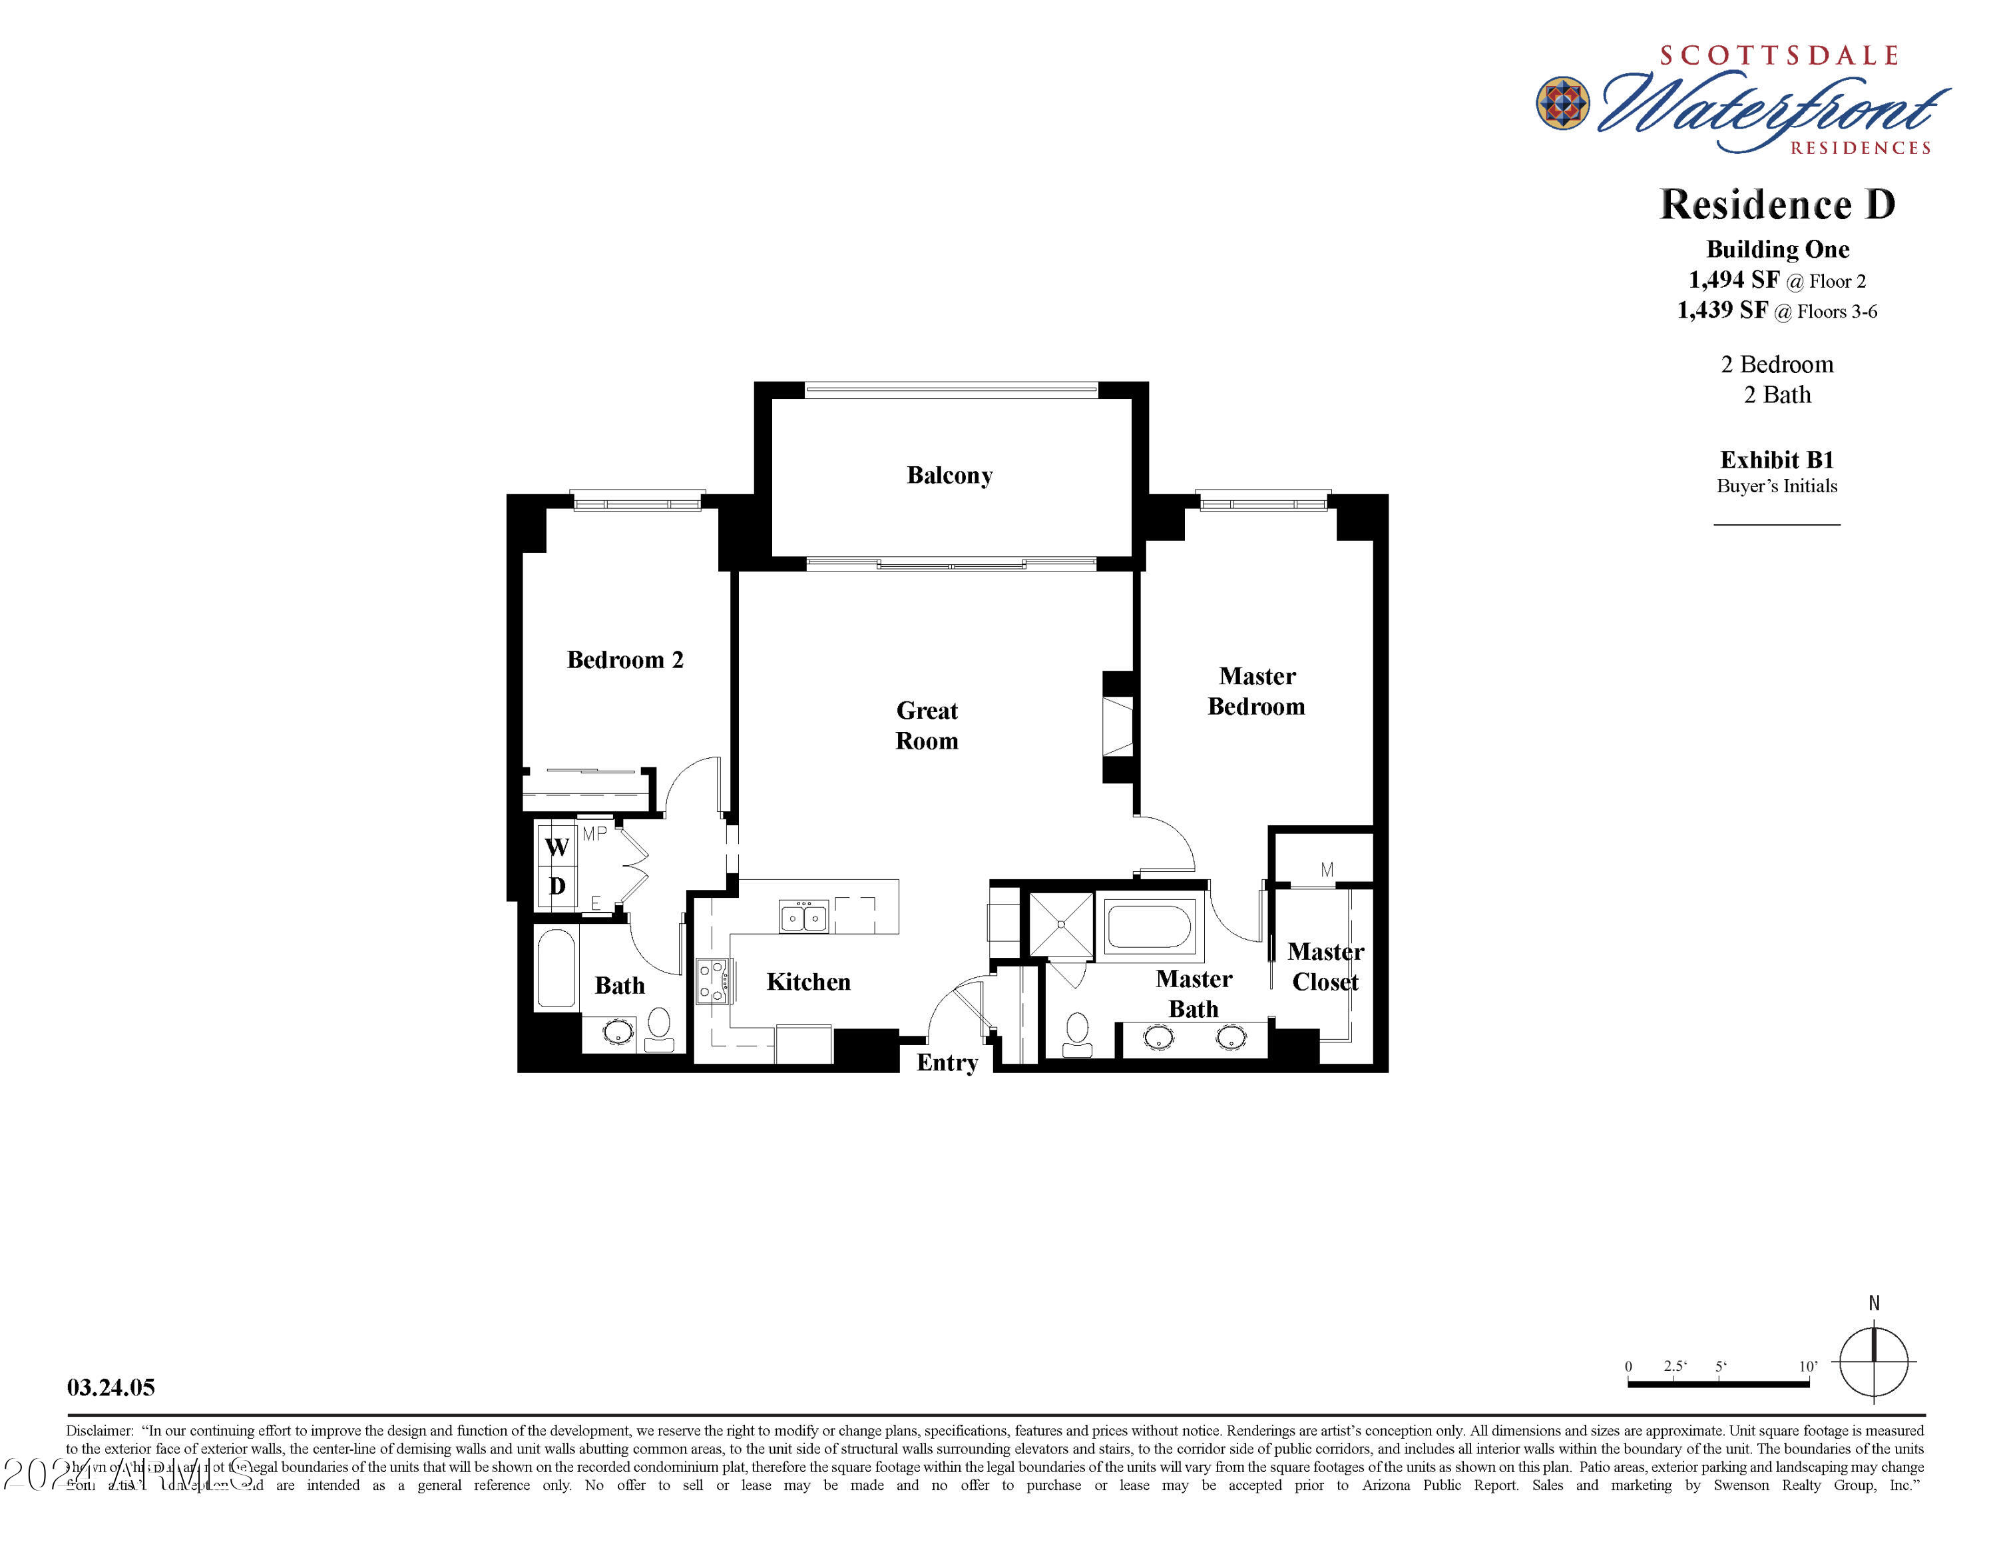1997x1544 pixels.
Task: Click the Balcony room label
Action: tap(949, 476)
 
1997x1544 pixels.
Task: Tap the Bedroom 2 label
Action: tap(624, 659)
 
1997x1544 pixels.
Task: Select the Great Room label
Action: tap(926, 725)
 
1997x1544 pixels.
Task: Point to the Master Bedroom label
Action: tap(1256, 691)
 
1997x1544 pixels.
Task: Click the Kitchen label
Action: tap(808, 981)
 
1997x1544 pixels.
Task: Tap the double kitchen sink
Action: tap(803, 916)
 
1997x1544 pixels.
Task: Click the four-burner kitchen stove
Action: tap(712, 980)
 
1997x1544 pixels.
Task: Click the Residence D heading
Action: tap(1777, 204)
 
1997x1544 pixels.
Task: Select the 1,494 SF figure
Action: tap(1733, 280)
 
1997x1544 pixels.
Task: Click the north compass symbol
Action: tap(1874, 1362)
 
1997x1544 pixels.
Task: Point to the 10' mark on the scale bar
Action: tap(1808, 1367)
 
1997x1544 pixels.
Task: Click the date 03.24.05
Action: tap(111, 1387)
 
